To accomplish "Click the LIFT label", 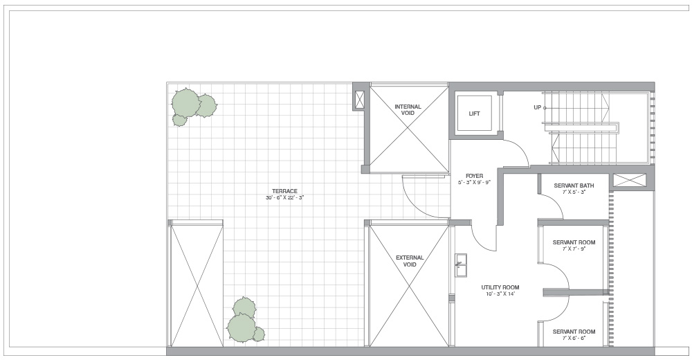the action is pyautogui.click(x=475, y=114).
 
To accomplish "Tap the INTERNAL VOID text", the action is pyautogui.click(x=408, y=109).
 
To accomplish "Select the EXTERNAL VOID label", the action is pyautogui.click(x=410, y=261).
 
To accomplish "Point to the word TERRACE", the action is pyautogui.click(x=284, y=191).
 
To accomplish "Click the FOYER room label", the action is pyautogui.click(x=475, y=176).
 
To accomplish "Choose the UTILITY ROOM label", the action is pyautogui.click(x=500, y=287).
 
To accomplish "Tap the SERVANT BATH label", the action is pyautogui.click(x=574, y=186).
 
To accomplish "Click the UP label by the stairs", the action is pyautogui.click(x=538, y=107).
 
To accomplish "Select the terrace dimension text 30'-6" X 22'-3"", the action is pyautogui.click(x=284, y=197).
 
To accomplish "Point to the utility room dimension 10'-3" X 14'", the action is pyautogui.click(x=500, y=294).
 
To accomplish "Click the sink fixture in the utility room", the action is pyautogui.click(x=461, y=265).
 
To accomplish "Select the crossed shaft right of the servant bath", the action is pyautogui.click(x=629, y=180).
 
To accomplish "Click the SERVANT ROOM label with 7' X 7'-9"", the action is pyautogui.click(x=574, y=242).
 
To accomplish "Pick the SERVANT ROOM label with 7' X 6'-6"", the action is pyautogui.click(x=574, y=332).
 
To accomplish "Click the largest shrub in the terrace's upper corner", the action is pyautogui.click(x=185, y=102).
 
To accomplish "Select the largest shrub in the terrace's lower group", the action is pyautogui.click(x=242, y=327).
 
